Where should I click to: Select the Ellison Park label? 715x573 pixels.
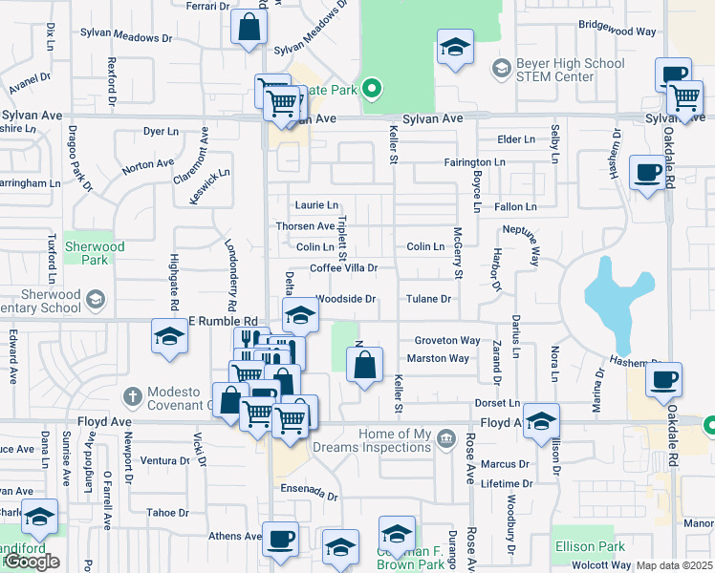pos(589,546)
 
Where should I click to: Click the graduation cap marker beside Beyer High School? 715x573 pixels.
pos(455,47)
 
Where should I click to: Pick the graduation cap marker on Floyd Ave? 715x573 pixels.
pos(541,420)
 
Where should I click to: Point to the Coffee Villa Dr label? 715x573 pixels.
pos(344,268)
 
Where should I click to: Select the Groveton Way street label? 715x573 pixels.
pos(446,341)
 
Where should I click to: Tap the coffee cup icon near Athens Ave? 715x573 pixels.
pos(281,540)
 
